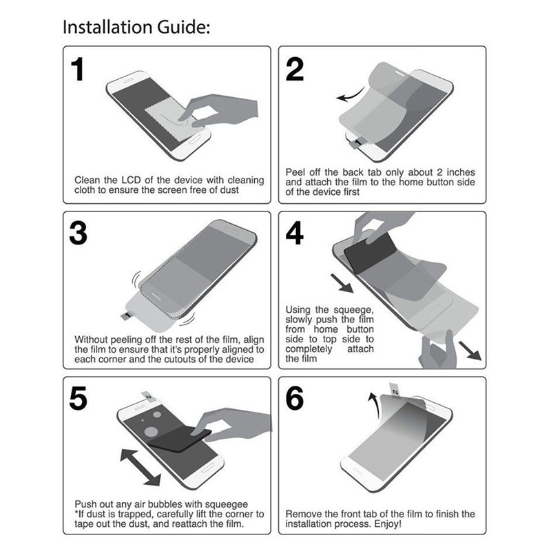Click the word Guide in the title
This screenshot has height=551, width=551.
tap(183, 27)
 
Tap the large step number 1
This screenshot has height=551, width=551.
tap(78, 70)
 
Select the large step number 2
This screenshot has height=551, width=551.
tap(295, 70)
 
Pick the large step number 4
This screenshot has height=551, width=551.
tap(295, 233)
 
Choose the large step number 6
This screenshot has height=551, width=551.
tap(295, 398)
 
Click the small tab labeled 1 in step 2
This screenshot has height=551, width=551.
tap(357, 143)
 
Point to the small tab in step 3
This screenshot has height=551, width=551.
tap(127, 315)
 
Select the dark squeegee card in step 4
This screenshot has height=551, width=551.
tap(369, 252)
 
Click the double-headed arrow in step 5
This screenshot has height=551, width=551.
tap(141, 467)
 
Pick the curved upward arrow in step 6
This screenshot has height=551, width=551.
tap(374, 406)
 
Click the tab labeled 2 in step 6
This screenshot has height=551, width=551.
tap(394, 391)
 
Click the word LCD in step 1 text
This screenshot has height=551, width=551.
tap(132, 180)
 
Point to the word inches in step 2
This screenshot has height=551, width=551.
tap(461, 172)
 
